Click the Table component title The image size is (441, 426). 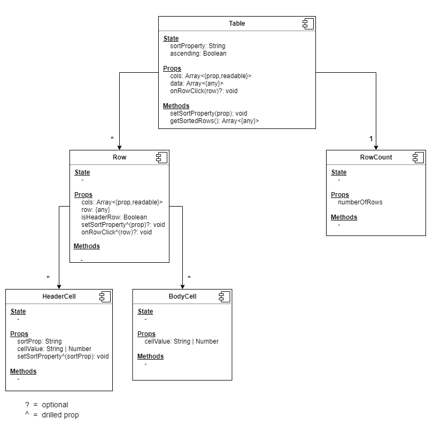click(x=237, y=24)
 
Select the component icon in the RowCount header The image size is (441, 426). click(x=418, y=157)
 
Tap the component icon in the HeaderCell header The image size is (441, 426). click(x=105, y=296)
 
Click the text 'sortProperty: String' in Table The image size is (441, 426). click(x=198, y=46)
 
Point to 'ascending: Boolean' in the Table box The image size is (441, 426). click(x=198, y=54)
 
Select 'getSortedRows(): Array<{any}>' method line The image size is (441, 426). click(x=214, y=121)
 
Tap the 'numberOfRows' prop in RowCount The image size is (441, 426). click(x=360, y=202)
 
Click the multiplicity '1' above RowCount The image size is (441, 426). click(x=371, y=139)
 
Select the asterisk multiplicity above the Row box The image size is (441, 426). click(x=112, y=139)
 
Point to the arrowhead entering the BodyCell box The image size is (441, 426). click(x=183, y=286)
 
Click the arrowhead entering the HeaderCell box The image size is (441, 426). click(x=58, y=286)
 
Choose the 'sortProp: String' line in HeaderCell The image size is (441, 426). click(x=40, y=341)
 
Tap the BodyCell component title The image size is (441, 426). click(x=182, y=296)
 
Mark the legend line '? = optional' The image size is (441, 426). click(x=47, y=405)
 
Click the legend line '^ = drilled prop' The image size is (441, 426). click(x=52, y=415)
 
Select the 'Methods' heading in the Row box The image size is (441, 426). click(x=87, y=246)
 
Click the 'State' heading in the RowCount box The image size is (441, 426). click(x=339, y=172)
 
